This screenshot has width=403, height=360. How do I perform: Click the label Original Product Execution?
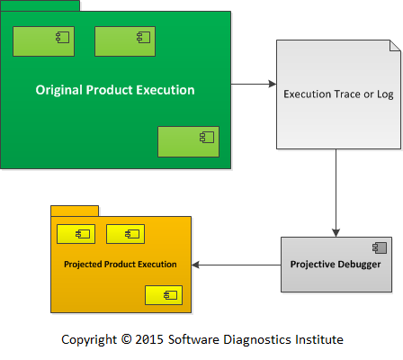(115, 90)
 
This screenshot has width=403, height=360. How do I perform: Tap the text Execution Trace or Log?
(338, 94)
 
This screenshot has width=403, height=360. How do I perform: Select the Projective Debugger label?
(336, 265)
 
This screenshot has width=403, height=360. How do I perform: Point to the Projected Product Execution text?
(121, 265)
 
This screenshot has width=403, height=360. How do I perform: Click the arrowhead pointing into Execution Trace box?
(273, 84)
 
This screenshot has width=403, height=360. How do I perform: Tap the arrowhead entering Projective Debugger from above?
(336, 233)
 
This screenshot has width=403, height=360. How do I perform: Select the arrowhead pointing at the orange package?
(195, 265)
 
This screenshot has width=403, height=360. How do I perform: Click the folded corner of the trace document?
(395, 45)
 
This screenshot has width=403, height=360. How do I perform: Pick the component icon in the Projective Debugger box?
(380, 247)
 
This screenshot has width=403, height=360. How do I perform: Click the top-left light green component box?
(43, 41)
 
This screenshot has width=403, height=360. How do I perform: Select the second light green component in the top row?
(125, 41)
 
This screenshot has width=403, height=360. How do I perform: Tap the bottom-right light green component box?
(189, 141)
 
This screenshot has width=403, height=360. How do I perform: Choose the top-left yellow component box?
(76, 234)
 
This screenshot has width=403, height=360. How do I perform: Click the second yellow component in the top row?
(126, 234)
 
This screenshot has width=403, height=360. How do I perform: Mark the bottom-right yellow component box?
(164, 295)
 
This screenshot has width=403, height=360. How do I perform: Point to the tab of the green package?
(40, 5)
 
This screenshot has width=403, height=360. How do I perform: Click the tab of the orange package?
(75, 211)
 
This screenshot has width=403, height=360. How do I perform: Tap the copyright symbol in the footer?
(126, 339)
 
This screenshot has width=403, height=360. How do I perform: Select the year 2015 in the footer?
(149, 339)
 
